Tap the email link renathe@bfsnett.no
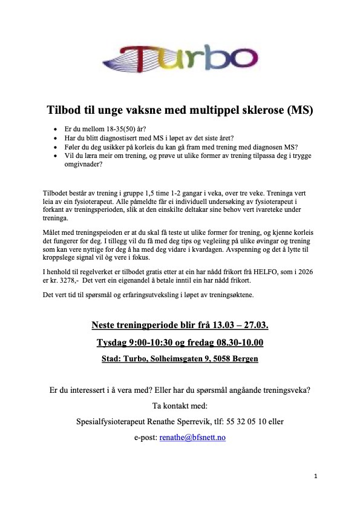click(x=192, y=436)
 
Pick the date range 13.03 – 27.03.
click(x=238, y=326)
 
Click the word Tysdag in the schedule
click(x=114, y=343)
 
